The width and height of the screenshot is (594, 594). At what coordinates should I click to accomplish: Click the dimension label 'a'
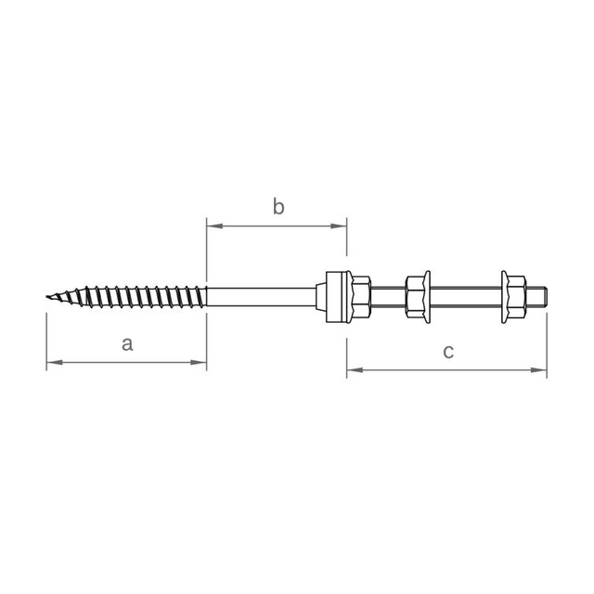(x=128, y=344)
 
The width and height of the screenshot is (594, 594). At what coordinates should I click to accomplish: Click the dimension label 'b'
(x=278, y=207)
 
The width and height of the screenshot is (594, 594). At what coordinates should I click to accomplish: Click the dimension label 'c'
(x=447, y=352)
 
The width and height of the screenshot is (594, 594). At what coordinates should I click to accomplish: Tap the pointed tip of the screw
(x=47, y=298)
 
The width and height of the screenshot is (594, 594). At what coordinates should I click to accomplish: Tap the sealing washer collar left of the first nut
(x=337, y=298)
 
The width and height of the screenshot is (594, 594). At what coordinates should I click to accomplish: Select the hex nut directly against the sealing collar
(x=360, y=298)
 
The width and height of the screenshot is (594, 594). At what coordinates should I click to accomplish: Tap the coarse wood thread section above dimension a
(x=130, y=298)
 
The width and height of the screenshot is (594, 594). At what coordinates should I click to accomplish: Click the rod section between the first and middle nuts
(x=389, y=298)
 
